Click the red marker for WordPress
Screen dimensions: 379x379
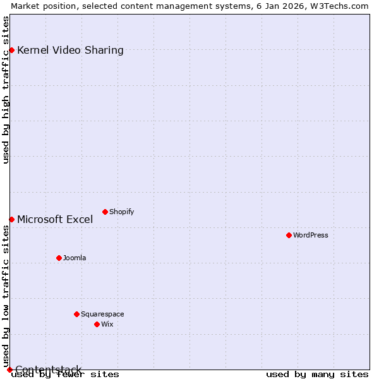point(289,235)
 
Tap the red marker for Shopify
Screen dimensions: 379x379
point(105,212)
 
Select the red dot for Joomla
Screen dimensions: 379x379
point(59,258)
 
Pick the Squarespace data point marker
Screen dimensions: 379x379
point(76,314)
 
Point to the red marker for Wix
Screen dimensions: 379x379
point(97,324)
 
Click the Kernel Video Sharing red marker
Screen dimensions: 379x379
point(11,50)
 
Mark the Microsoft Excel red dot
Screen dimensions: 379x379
point(11,219)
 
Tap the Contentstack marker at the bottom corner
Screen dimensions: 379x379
point(9,370)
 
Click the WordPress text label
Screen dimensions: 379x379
point(311,235)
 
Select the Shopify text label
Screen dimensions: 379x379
point(122,212)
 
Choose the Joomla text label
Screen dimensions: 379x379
point(75,258)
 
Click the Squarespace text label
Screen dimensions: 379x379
point(102,314)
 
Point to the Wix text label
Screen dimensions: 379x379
point(107,324)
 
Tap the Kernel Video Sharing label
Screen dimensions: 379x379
point(70,50)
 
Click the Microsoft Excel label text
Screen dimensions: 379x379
point(55,219)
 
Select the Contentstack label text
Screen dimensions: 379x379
point(48,370)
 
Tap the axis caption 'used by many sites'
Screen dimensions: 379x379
point(317,374)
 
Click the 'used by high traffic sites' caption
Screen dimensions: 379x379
point(6,90)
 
